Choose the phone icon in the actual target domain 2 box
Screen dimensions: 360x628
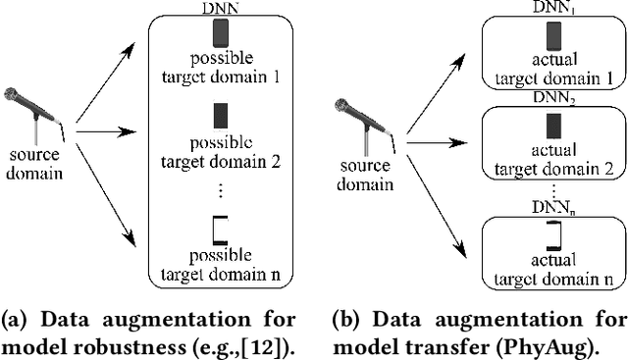point(553,126)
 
